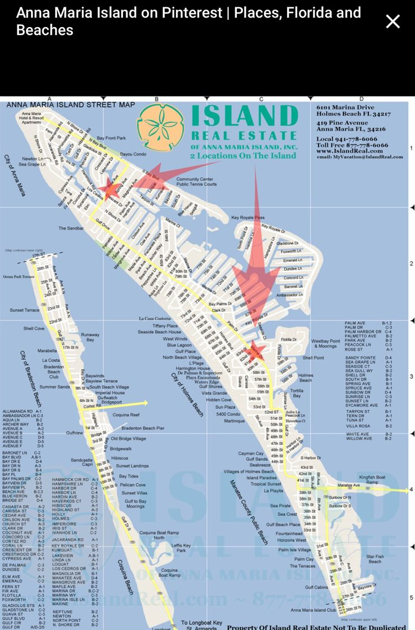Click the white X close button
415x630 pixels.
pos(392,21)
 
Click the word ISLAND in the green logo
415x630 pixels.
pos(244,117)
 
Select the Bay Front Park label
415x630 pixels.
pos(111,138)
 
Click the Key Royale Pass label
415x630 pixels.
pos(248,218)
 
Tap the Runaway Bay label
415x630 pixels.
pos(90,337)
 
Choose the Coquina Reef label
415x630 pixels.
pos(126,415)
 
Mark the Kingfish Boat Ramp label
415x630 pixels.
pos(372,479)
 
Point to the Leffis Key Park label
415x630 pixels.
pos(181,548)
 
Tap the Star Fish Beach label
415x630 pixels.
pos(375,559)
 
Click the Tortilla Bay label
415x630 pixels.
pos(297,393)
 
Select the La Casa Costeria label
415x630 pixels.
pos(154,319)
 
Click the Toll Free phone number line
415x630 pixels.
pos(352,145)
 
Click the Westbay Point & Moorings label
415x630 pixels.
pos(325,343)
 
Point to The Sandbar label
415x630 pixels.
pos(72,228)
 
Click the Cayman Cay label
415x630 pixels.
pos(250,453)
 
